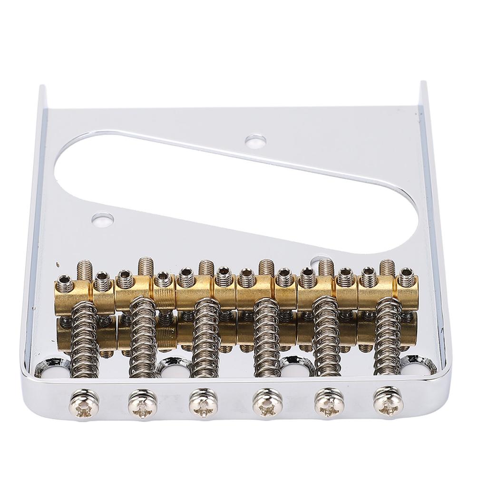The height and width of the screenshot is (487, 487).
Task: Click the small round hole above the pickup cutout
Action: [x=256, y=141]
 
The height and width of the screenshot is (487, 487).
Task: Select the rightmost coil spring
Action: [x=388, y=335]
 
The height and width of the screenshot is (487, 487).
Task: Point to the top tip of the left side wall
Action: [x=43, y=88]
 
